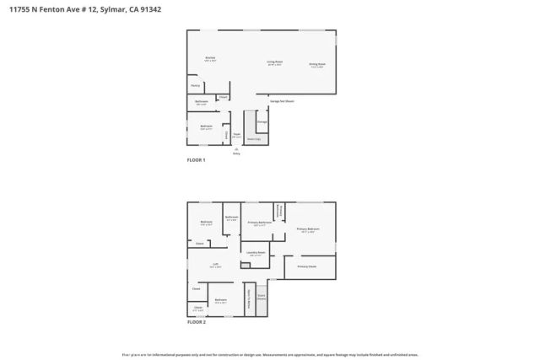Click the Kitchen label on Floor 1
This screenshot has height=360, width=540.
[x=210, y=59]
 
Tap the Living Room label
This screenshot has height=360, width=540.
[x=275, y=62]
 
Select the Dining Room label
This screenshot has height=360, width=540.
[x=317, y=64]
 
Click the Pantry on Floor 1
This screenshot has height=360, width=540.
[x=195, y=86]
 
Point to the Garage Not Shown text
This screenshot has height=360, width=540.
[x=282, y=101]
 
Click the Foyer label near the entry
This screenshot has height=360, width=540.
[x=237, y=135]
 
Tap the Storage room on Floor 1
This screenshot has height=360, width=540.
[x=262, y=122]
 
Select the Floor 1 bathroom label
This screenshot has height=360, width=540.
[x=202, y=103]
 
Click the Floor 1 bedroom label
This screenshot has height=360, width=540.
[x=206, y=127]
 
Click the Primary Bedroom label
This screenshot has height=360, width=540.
[x=308, y=230]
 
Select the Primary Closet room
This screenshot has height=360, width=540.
[x=307, y=266]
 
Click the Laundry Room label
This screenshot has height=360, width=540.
[x=256, y=253]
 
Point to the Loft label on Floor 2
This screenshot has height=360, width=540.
[x=216, y=265]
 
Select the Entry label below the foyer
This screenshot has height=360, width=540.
[x=236, y=153]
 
